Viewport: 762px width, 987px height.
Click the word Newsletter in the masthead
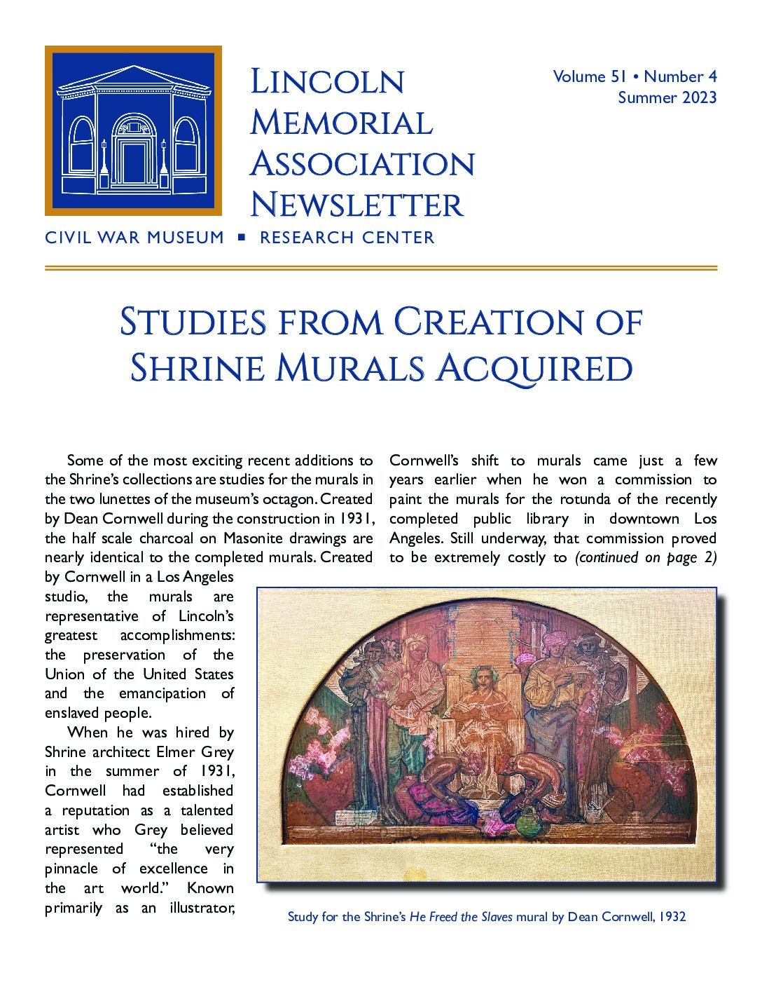click(x=356, y=205)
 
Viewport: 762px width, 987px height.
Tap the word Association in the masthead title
click(x=362, y=164)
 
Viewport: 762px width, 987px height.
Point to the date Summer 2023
click(x=667, y=97)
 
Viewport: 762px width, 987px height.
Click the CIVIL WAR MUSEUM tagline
click(x=134, y=238)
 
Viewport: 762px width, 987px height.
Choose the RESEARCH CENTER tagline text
click(x=347, y=238)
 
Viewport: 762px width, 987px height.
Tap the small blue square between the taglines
click(x=242, y=238)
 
